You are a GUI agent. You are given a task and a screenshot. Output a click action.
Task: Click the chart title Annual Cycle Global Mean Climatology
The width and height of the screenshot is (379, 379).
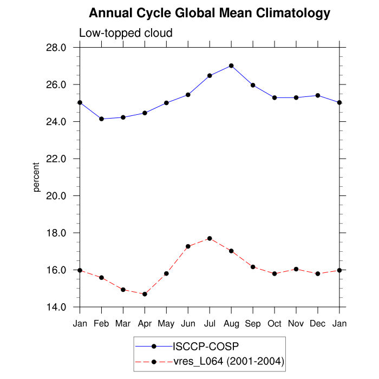tap(210, 13)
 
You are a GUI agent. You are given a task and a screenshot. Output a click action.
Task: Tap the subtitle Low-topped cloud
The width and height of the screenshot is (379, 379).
tap(126, 33)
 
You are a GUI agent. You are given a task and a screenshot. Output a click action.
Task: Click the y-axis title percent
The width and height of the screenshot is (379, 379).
tap(37, 177)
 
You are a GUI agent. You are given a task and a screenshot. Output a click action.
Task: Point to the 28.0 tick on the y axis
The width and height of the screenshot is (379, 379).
tap(56, 48)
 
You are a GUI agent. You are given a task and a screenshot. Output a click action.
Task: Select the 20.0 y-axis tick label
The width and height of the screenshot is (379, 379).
tap(56, 196)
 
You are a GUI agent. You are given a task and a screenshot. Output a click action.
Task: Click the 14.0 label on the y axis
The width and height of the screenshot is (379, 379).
tap(56, 307)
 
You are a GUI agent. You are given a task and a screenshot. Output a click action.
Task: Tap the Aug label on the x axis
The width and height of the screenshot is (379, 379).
tap(231, 323)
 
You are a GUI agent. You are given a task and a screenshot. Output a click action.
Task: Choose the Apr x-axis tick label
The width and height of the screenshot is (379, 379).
tap(145, 323)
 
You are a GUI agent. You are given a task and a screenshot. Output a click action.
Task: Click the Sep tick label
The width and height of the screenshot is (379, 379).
tap(253, 323)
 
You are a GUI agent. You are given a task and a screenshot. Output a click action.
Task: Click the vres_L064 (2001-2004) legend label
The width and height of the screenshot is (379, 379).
tap(228, 361)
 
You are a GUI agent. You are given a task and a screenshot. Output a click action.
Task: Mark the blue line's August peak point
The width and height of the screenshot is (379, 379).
tap(231, 66)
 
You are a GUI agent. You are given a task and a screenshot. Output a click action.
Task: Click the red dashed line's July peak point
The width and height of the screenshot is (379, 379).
tap(210, 238)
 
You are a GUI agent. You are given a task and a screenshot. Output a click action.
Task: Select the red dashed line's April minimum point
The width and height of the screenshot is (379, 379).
tap(145, 294)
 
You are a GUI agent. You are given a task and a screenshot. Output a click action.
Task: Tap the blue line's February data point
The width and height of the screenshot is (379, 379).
tap(101, 119)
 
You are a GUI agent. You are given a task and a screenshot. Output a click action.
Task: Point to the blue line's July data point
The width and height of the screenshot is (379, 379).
tap(210, 76)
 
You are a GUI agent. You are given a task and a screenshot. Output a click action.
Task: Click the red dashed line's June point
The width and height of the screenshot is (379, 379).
tap(188, 246)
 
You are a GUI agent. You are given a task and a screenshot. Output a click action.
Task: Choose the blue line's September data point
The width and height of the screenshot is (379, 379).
tap(253, 85)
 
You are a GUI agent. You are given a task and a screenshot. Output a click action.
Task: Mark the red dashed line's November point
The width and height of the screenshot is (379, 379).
tap(296, 269)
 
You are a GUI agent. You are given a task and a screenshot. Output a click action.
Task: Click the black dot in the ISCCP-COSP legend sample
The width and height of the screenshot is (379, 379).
tap(154, 346)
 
